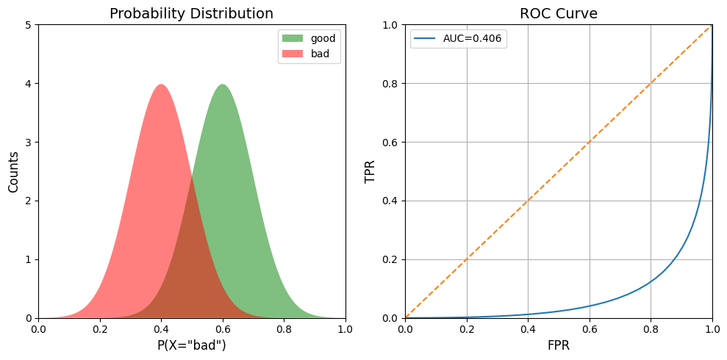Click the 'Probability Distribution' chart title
pyautogui.click(x=191, y=14)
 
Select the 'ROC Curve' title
pyautogui.click(x=558, y=14)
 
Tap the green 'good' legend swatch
pyautogui.click(x=290, y=38)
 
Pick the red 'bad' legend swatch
pyautogui.click(x=290, y=54)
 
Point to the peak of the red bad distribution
pyautogui.click(x=161, y=84)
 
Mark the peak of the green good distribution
pyautogui.click(x=223, y=84)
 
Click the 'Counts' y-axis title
pyautogui.click(x=13, y=171)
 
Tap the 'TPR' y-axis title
pyautogui.click(x=370, y=171)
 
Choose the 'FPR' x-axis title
pyautogui.click(x=558, y=345)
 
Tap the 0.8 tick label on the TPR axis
pyautogui.click(x=393, y=84)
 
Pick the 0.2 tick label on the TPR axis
pyautogui.click(x=393, y=259)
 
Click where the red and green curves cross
pyautogui.click(x=192, y=176)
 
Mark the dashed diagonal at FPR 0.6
pyautogui.click(x=590, y=143)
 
